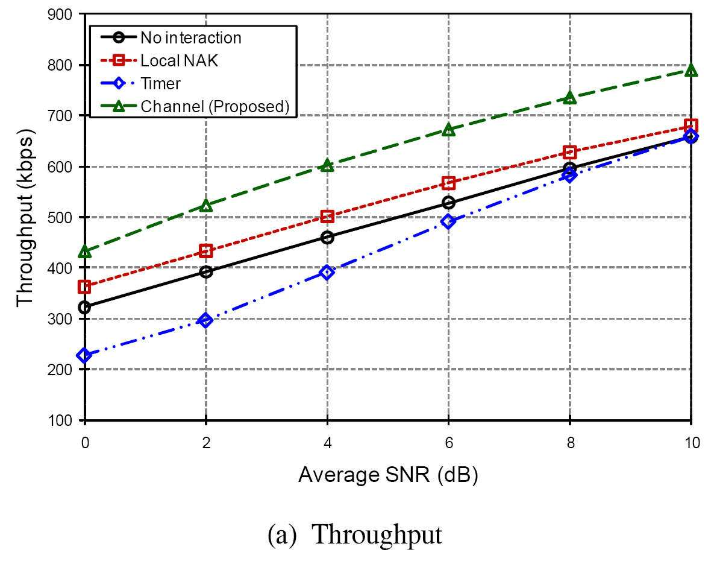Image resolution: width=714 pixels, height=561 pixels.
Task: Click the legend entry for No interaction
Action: (x=171, y=37)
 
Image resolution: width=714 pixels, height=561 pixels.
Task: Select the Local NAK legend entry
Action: (x=159, y=60)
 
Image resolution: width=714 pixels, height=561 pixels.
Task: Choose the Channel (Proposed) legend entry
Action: (x=195, y=106)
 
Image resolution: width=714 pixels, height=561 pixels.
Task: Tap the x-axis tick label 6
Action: (x=449, y=443)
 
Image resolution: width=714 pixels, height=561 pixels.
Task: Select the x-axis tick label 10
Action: (x=692, y=443)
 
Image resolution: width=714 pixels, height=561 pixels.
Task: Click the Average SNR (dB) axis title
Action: (x=388, y=475)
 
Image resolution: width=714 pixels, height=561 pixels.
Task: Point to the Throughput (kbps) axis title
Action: (x=25, y=218)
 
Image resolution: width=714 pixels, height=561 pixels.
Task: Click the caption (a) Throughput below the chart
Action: (x=355, y=534)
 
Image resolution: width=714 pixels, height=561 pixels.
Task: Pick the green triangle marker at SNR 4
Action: (x=327, y=165)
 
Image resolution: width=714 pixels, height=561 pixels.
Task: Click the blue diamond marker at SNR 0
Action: (x=84, y=355)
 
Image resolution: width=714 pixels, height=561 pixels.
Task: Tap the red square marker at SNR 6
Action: (x=449, y=183)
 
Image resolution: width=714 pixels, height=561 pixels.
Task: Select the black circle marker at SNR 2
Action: (x=206, y=271)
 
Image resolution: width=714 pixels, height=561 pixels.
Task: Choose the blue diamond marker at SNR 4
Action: (x=327, y=273)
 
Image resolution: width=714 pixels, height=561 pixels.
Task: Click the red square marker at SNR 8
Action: (x=570, y=152)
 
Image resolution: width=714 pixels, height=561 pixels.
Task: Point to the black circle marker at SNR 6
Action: (x=449, y=202)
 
